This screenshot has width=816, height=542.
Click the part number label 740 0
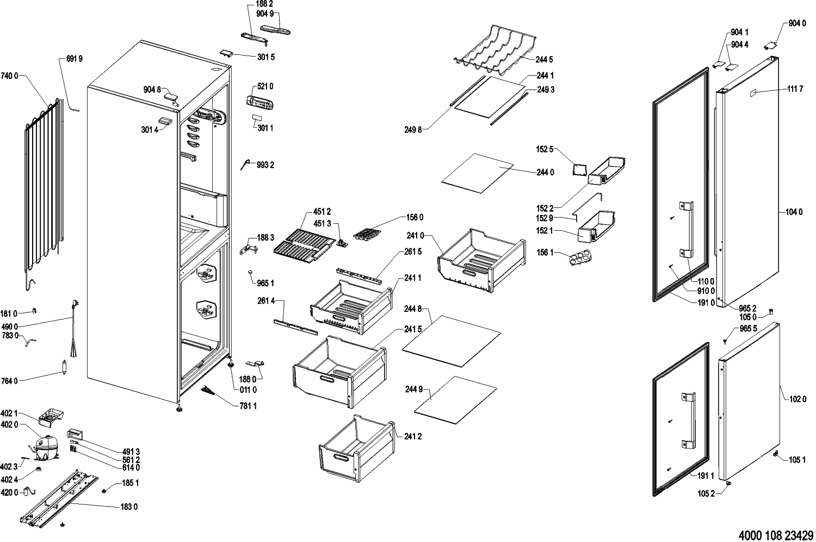(9, 76)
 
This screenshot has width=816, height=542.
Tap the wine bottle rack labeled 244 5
(496, 48)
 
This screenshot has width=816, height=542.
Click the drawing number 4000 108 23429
(776, 535)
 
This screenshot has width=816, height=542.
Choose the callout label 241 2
(413, 436)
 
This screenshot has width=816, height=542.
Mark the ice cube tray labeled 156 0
(367, 233)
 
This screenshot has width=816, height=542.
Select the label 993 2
(265, 165)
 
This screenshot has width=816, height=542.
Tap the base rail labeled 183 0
(59, 498)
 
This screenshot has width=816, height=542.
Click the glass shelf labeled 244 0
(478, 173)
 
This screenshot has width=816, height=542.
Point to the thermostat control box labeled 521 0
(259, 102)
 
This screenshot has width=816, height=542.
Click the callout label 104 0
(794, 212)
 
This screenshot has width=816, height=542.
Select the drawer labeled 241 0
(481, 260)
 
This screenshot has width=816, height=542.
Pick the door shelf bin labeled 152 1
(596, 226)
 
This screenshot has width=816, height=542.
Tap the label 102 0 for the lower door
(798, 399)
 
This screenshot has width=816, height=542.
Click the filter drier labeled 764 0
(65, 367)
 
